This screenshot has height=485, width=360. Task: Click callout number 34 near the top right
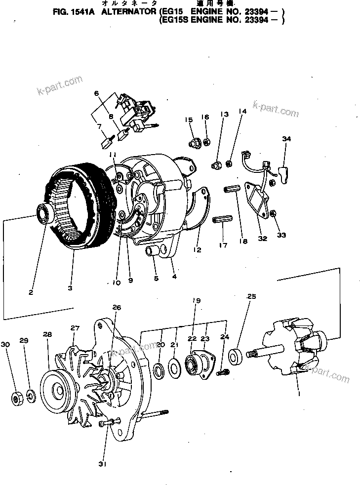click(x=284, y=139)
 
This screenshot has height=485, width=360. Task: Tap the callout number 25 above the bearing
click(x=252, y=297)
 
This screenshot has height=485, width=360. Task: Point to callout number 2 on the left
click(x=31, y=292)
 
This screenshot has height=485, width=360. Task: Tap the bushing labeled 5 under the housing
click(x=151, y=252)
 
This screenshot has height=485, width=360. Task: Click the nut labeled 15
click(x=194, y=143)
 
